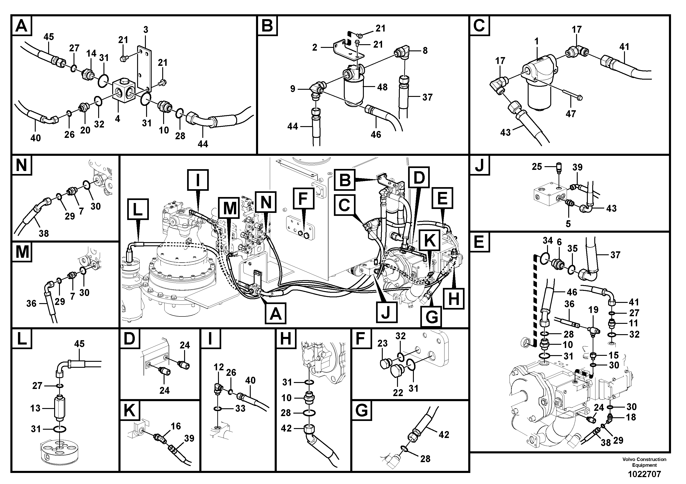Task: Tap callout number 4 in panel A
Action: (118, 119)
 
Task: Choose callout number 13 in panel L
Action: (35, 408)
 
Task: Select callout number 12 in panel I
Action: (219, 367)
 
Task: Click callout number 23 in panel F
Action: (383, 343)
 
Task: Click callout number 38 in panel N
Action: (44, 233)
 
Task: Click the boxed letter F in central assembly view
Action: (303, 198)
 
